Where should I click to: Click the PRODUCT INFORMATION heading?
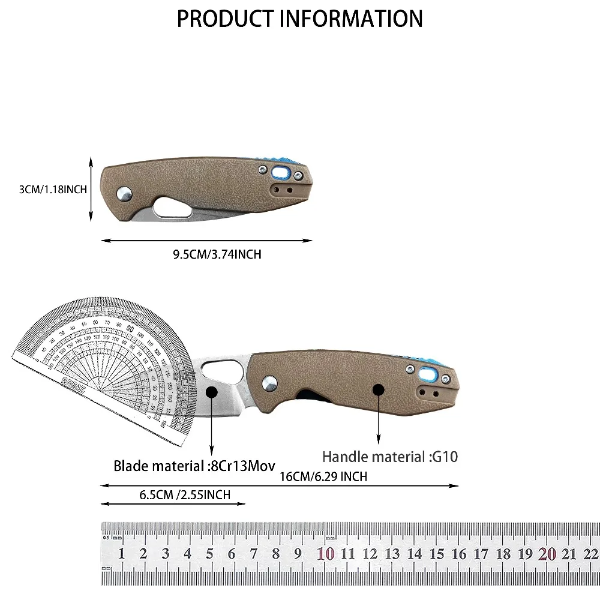point(299,19)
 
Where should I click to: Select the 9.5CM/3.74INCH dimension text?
point(217,254)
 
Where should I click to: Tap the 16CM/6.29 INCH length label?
point(323,476)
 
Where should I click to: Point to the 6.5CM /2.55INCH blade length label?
point(184,495)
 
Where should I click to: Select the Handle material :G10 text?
point(390,457)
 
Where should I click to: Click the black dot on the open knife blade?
point(211,392)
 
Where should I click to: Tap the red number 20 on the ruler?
point(547,554)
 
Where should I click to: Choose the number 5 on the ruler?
point(209,554)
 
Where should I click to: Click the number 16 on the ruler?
point(459,554)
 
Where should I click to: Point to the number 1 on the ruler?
point(121,554)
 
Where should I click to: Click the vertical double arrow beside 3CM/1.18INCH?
point(91,190)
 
